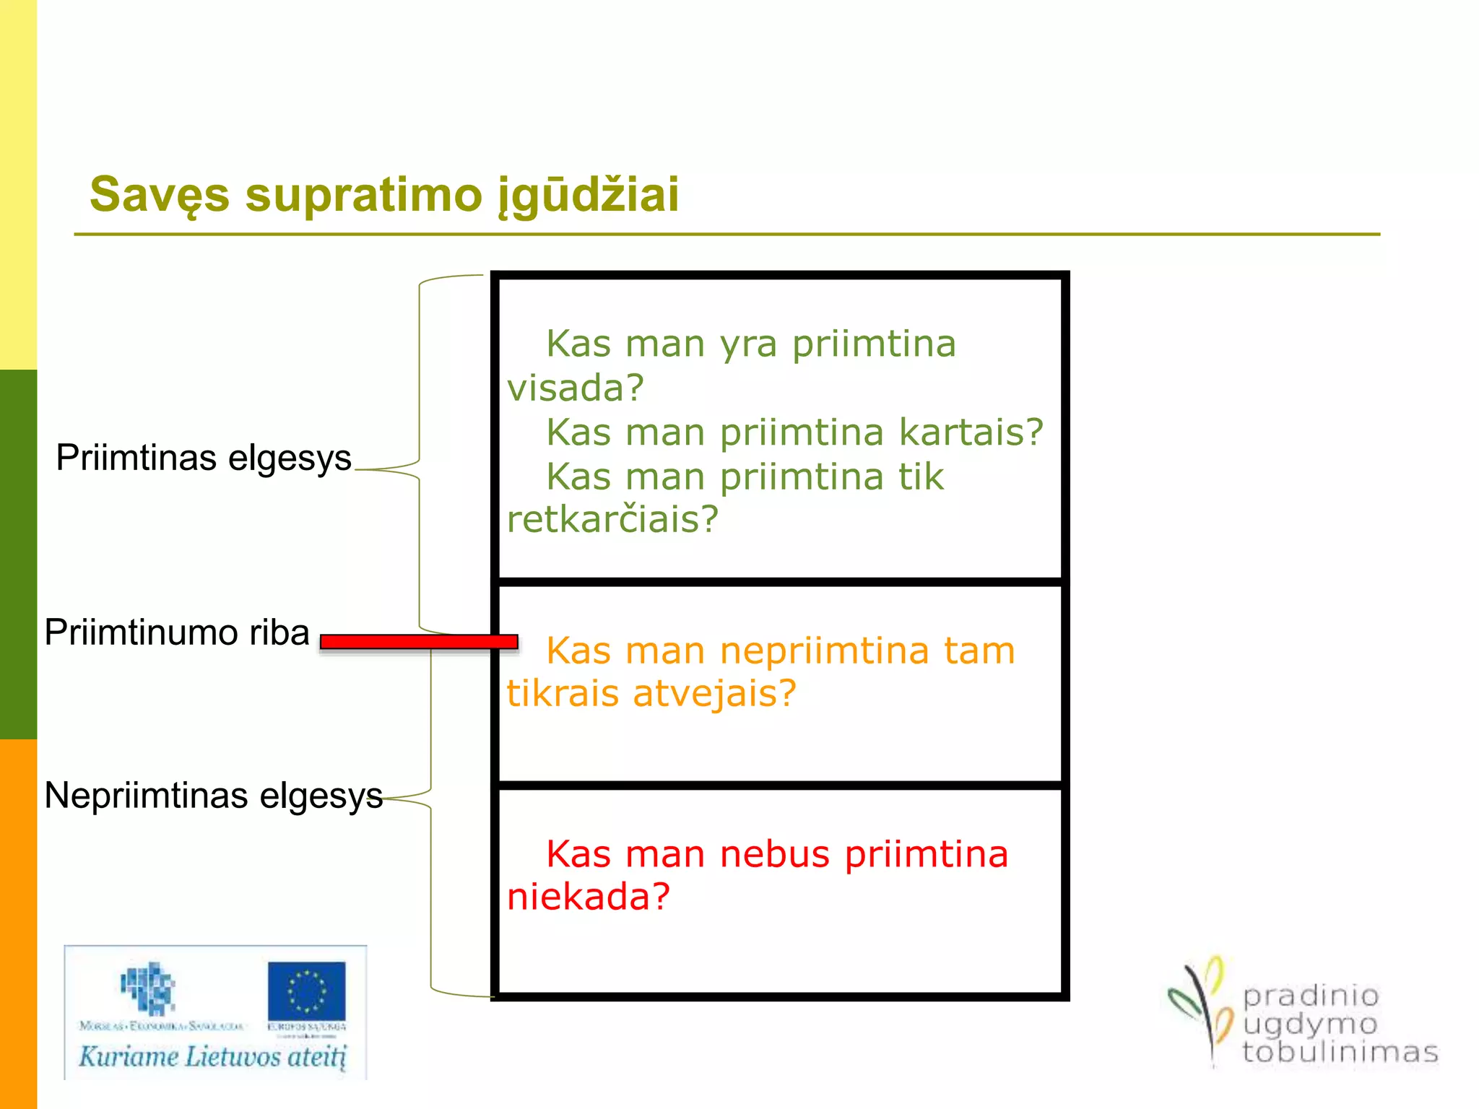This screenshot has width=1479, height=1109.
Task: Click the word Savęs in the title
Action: point(160,195)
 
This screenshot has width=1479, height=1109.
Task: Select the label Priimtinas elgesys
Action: point(204,458)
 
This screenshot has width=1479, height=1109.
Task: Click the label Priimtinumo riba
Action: point(177,632)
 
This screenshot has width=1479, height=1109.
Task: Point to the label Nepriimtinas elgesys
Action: point(213,796)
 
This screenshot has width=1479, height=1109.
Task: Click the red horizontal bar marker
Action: point(419,642)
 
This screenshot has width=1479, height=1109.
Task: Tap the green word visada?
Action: point(575,388)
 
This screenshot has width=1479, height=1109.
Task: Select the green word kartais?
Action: point(971,432)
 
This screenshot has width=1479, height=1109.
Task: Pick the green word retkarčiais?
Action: point(612,519)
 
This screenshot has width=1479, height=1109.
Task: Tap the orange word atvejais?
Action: point(714,693)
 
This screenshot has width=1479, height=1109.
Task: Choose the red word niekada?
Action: point(589,897)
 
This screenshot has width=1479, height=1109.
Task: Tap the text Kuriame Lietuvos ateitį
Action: point(213,1056)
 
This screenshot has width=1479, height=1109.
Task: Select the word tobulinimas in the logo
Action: point(1340,1052)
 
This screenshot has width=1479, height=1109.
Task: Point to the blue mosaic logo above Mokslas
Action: point(148,988)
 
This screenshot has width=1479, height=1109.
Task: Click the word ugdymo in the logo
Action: point(1309,1024)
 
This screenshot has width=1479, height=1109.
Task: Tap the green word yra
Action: point(748,344)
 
